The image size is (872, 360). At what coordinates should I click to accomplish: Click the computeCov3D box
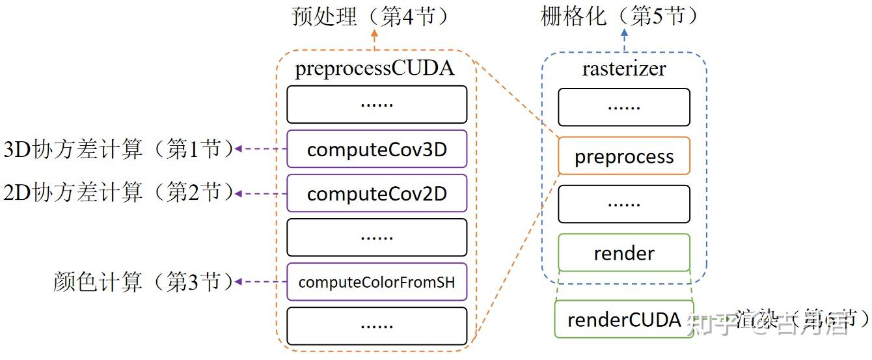coord(377,149)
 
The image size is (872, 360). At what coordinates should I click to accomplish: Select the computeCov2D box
coord(377,193)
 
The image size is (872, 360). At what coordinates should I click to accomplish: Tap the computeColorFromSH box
coord(377,282)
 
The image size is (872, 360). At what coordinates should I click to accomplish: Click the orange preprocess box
coord(623,156)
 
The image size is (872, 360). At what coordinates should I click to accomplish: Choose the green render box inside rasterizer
coord(623,253)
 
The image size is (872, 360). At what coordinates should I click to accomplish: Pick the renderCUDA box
coord(623,319)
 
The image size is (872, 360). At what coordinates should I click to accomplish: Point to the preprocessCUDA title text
coord(374,68)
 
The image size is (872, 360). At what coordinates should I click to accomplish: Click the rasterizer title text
coord(623,68)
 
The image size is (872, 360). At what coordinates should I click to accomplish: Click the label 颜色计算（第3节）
coord(143,282)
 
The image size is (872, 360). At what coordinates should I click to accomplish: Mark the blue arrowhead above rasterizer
coord(625,33)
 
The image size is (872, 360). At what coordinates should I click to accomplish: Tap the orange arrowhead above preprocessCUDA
coord(375,33)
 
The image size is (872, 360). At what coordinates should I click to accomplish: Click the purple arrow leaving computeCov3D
coord(260,149)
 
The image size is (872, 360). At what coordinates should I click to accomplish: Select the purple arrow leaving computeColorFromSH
coord(260,282)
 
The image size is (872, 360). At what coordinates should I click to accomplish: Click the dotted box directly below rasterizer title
coord(623,107)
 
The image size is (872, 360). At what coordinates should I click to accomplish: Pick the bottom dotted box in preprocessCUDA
coord(377,325)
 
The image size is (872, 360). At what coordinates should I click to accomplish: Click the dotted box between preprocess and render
coord(623,204)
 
